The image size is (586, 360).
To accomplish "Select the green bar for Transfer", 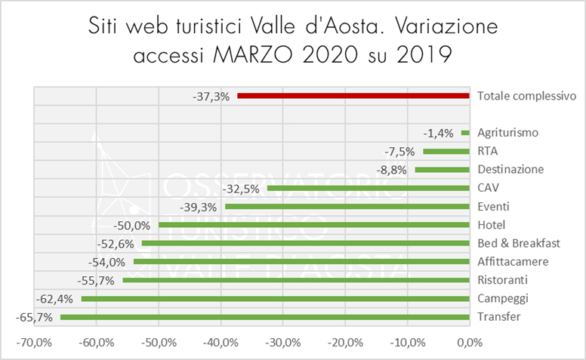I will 265,317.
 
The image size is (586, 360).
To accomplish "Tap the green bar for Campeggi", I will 276,299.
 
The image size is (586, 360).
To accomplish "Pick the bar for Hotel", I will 314,225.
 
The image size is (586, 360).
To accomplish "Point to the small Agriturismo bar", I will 466,133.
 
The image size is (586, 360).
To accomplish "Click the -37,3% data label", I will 212,97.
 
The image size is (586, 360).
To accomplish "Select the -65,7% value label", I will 34,318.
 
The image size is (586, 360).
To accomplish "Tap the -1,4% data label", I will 439,133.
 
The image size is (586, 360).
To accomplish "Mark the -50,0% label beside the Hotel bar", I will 132,225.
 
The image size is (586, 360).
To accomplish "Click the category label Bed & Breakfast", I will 519,243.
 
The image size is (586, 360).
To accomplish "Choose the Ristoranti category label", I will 504,280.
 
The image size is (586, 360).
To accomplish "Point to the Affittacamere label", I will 513,262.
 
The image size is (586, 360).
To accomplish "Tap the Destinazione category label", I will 510,169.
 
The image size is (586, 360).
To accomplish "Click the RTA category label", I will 488,151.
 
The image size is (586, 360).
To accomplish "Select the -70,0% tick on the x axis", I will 35,343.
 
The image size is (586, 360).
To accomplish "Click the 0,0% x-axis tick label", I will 470,343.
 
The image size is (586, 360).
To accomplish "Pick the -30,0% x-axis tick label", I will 283,343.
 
